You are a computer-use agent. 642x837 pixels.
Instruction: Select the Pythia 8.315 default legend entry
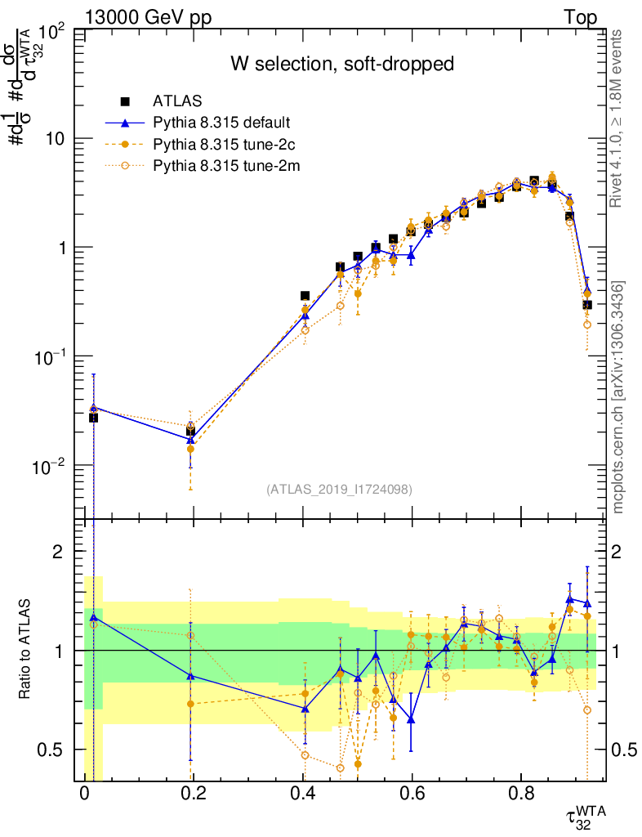click(221, 123)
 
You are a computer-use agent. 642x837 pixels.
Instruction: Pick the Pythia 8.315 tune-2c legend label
click(221, 145)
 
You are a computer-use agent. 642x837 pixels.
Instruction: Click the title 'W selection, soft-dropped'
click(341, 64)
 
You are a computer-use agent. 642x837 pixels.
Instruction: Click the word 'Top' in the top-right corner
click(579, 18)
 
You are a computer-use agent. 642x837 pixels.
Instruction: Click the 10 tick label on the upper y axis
click(56, 139)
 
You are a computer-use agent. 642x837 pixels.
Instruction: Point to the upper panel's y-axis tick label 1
click(62, 248)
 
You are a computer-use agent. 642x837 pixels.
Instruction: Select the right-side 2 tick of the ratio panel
click(627, 552)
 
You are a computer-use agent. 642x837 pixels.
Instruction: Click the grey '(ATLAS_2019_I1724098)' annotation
click(339, 490)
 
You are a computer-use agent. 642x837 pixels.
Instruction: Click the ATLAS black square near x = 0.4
click(305, 296)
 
